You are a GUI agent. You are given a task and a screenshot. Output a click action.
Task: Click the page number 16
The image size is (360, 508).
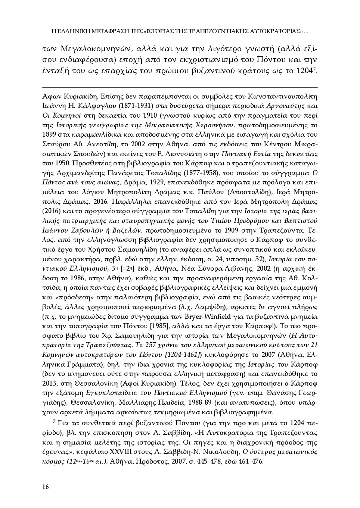coord(46,486)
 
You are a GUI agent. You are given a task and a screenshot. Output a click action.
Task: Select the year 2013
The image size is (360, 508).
coord(49,383)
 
